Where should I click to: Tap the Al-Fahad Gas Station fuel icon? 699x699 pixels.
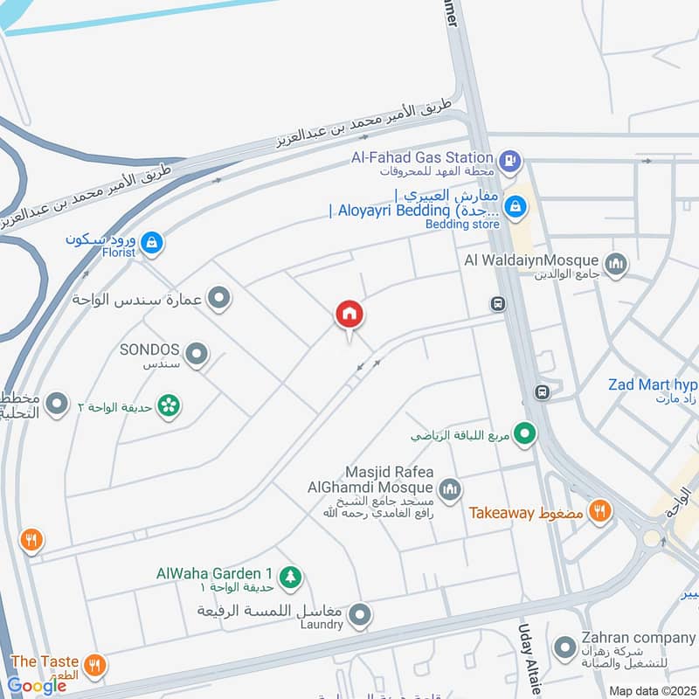510,161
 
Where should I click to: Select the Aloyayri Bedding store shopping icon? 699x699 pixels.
516,205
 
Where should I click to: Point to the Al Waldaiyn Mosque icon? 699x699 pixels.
616,262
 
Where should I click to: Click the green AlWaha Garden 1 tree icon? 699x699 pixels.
291,576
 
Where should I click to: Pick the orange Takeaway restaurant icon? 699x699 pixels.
599,512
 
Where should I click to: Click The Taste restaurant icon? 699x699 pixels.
95,666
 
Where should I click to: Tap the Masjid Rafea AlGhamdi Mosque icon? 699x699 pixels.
449,488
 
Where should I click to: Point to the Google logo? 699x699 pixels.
37,685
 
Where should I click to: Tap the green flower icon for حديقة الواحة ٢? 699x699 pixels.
170,405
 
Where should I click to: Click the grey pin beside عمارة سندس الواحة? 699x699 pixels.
219,299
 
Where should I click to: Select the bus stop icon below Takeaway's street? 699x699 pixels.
543,391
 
